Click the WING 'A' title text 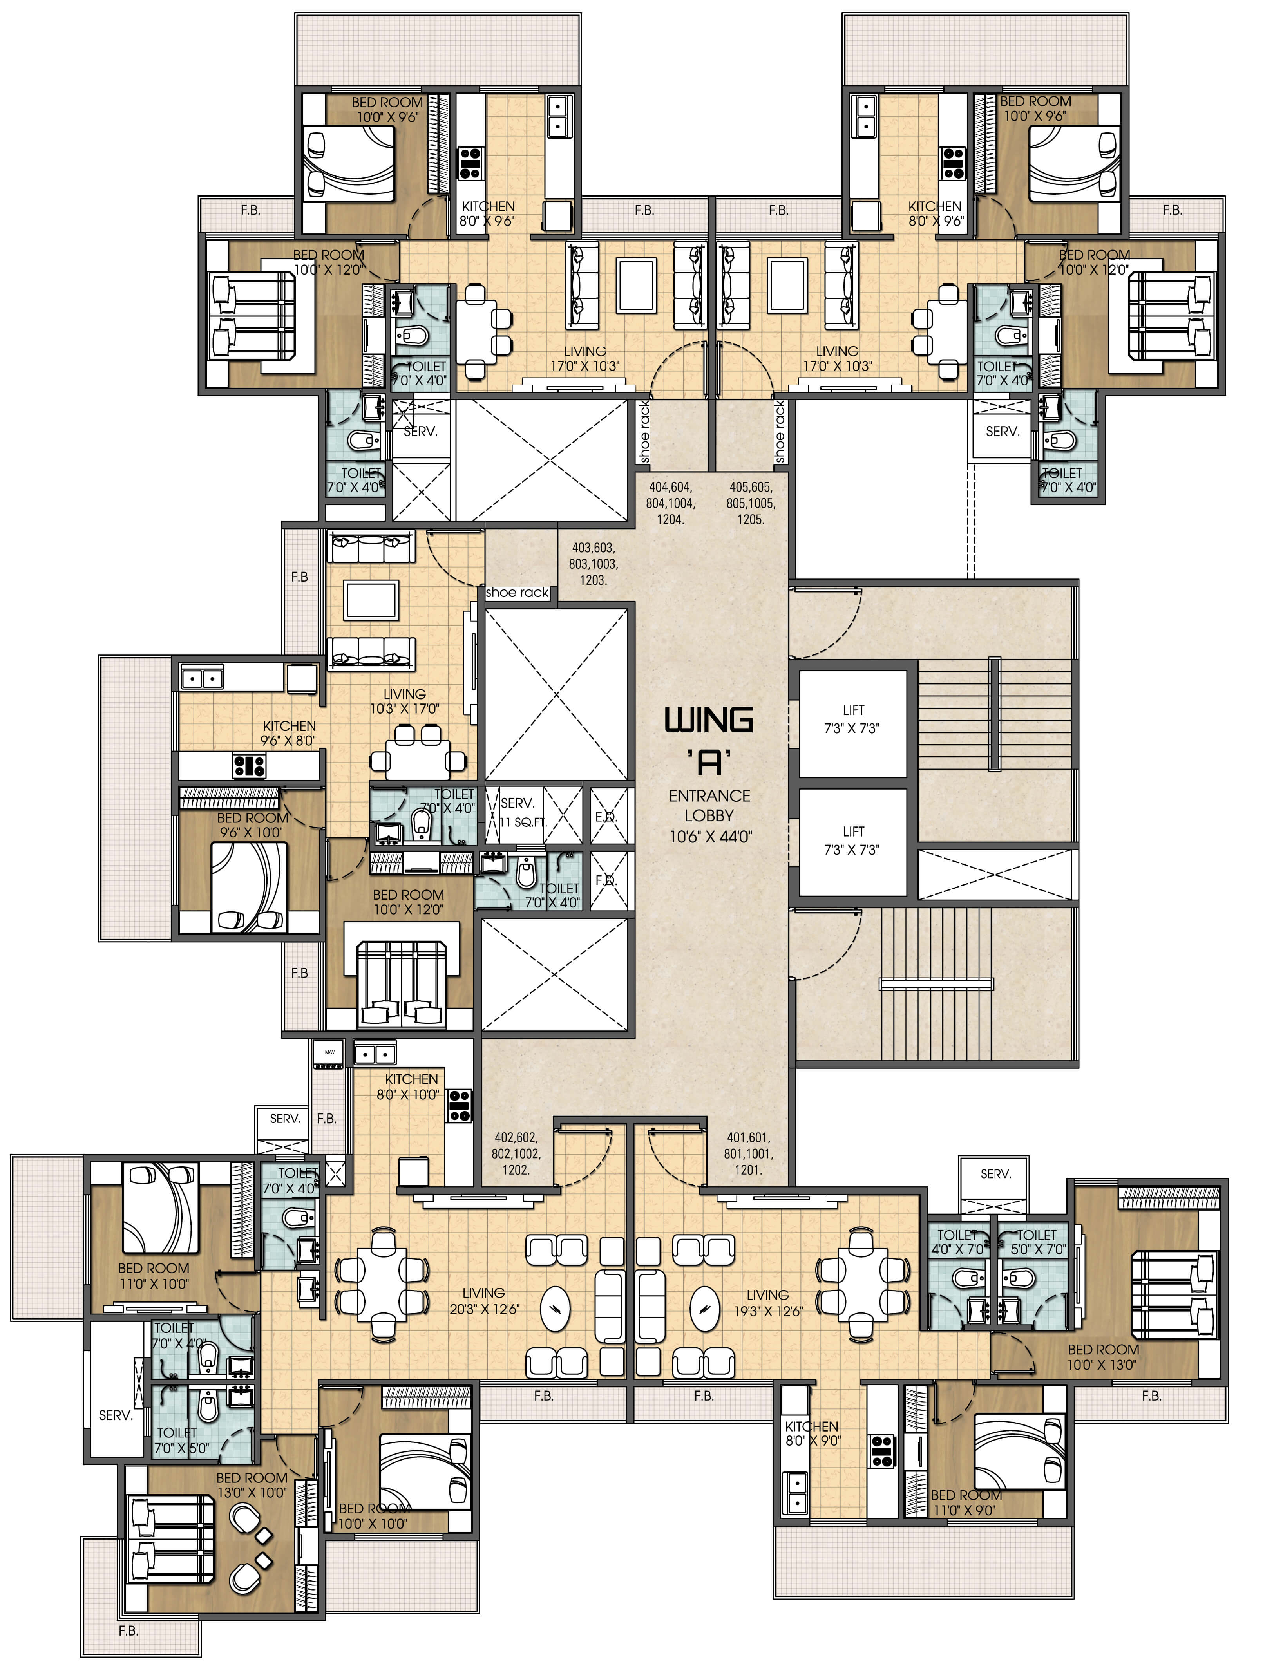709,739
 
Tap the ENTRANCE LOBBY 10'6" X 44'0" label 709,815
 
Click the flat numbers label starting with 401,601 747,1153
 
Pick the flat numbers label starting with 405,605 751,503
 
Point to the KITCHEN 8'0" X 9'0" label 812,1433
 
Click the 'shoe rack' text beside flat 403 517,593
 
